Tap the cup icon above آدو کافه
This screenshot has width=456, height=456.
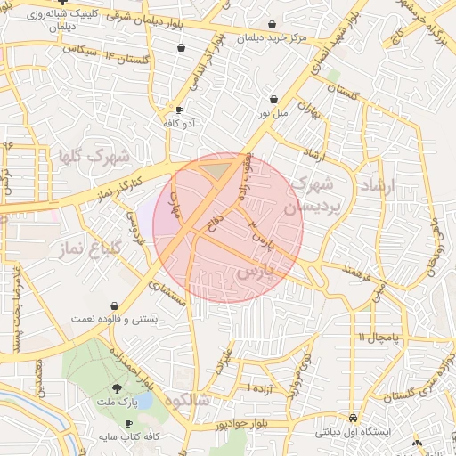click(180, 110)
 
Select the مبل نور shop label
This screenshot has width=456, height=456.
click(274, 113)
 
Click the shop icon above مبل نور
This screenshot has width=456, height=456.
click(274, 100)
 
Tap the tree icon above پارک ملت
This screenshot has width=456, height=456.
click(118, 388)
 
